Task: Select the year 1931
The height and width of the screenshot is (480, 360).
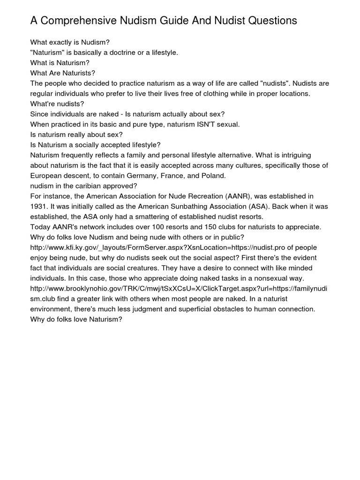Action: pyautogui.click(x=39, y=206)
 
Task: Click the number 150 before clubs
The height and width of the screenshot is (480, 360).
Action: pyautogui.click(x=221, y=227)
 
